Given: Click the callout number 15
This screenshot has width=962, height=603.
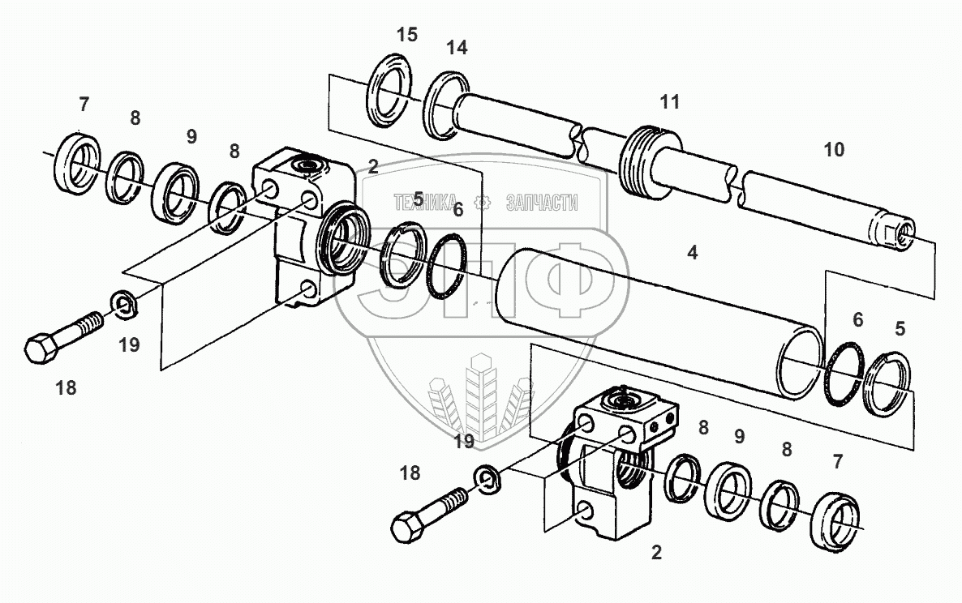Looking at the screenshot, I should pos(406,35).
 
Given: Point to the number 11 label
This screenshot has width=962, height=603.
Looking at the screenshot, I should pos(669,102).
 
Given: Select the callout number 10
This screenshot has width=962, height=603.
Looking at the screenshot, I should pos(833,150).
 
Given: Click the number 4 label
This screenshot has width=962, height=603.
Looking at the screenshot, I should pos(691,253).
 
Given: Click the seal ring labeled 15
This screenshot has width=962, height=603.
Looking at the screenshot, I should pos(390,91).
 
